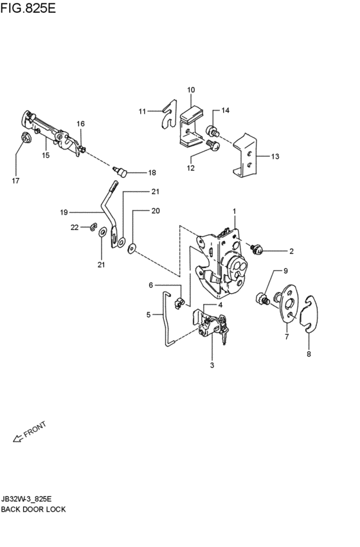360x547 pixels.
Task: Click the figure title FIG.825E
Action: [28, 8]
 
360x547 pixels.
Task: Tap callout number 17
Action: [15, 181]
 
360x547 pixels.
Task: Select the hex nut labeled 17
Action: [26, 138]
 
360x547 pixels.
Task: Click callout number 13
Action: [275, 156]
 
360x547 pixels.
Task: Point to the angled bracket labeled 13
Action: [245, 156]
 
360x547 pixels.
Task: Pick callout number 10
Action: [191, 90]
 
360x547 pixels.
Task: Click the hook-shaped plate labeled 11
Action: [170, 114]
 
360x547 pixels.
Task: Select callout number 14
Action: [226, 111]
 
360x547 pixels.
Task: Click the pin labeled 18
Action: [120, 172]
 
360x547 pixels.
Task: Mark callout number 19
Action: [64, 213]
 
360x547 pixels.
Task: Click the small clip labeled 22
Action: [93, 227]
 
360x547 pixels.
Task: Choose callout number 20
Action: [156, 211]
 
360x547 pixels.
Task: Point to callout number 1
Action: [235, 211]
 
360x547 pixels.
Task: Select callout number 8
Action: [309, 354]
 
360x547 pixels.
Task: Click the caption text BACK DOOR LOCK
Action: [33, 510]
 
